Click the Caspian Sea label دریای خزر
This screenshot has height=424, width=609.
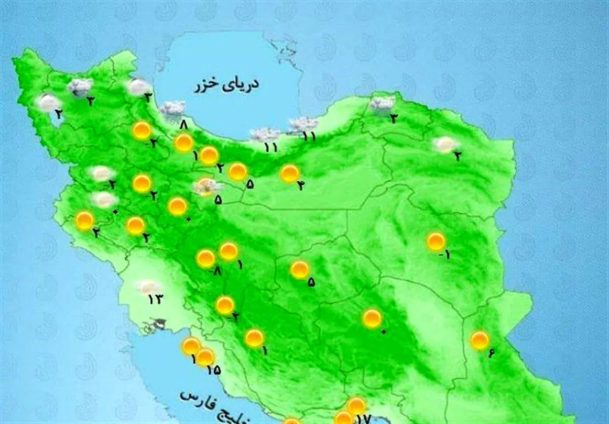(x=226, y=85)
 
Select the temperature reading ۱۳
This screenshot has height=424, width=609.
(x=154, y=299)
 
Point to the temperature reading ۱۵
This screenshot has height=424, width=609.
(x=214, y=369)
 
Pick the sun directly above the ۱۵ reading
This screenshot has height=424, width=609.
(x=205, y=357)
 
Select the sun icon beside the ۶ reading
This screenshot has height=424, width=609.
(x=480, y=340)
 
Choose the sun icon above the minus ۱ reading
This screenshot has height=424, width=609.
(x=436, y=241)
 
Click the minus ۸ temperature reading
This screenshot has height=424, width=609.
(x=217, y=272)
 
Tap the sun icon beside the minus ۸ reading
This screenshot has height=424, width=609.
(x=206, y=258)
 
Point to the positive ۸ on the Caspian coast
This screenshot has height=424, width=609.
(x=184, y=124)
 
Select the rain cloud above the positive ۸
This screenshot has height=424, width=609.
(x=173, y=108)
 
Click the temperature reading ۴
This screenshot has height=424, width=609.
(x=300, y=186)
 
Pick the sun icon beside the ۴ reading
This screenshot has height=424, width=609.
(x=290, y=174)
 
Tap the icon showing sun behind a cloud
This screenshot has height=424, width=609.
(x=207, y=187)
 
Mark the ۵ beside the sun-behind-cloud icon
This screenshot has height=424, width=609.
(x=218, y=200)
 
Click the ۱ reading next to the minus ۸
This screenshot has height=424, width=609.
(x=239, y=265)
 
